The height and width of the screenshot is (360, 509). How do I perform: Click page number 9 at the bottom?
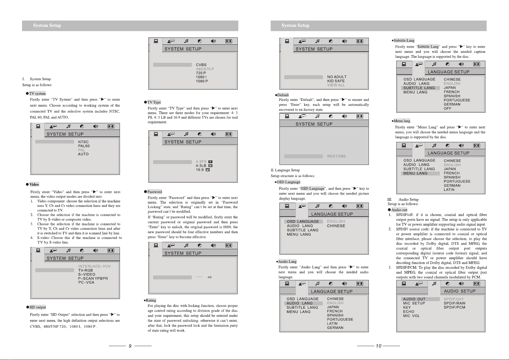[130, 346]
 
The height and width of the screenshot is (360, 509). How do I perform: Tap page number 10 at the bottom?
[379, 346]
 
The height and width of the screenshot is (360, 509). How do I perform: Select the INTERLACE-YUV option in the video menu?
[95, 266]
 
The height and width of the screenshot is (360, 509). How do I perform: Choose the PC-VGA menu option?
[86, 282]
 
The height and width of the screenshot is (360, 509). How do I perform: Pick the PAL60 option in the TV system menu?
[84, 146]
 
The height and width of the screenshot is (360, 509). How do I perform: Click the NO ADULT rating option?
[337, 77]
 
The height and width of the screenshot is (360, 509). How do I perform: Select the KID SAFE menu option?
[336, 81]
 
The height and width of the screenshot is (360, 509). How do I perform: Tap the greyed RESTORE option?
[337, 156]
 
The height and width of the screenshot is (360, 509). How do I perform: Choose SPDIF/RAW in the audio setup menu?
[454, 303]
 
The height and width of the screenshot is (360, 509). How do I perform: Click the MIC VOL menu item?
[411, 316]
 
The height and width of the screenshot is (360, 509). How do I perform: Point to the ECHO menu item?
[409, 312]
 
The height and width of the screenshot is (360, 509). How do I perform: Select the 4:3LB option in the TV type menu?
[201, 166]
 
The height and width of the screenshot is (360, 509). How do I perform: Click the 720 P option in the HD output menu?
[201, 73]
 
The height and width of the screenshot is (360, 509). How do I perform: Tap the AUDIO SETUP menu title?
[460, 291]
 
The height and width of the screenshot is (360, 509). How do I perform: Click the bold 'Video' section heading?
[34, 185]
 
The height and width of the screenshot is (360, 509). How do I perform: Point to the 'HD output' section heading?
[38, 307]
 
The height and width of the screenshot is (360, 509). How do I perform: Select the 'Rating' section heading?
[151, 300]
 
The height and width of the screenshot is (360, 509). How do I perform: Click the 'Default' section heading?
[283, 95]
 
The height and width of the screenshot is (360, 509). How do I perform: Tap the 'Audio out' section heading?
[399, 210]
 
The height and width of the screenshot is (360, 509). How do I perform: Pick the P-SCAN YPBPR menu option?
[93, 278]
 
